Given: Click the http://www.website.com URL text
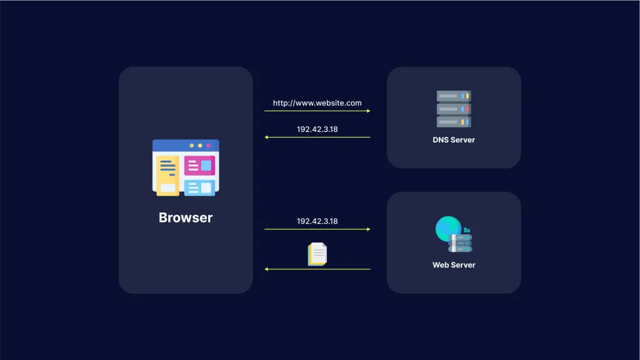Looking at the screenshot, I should coord(317,103).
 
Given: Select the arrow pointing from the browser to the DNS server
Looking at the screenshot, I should coord(317,111).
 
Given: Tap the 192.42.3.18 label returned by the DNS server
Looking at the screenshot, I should coord(317,130).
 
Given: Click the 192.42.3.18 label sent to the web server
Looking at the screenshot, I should coord(317,221).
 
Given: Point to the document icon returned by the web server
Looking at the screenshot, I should coord(317,254).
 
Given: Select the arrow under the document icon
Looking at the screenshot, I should coord(317,269).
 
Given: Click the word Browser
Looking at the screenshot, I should coord(186,218).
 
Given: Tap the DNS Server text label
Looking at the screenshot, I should coord(454,140).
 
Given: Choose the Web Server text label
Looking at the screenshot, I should coord(454,265).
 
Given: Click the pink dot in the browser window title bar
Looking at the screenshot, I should coord(208,146).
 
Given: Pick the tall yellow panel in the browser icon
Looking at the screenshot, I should coord(167,175).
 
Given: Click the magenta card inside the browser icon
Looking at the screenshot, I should coord(199,166).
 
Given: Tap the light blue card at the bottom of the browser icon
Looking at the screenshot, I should coord(199,187).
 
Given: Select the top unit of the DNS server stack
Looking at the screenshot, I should coord(454,96).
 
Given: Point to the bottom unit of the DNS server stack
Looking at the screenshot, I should coord(454,122).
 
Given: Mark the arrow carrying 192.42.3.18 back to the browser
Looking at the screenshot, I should coord(317,137).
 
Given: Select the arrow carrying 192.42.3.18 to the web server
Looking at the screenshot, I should coord(317,229).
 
